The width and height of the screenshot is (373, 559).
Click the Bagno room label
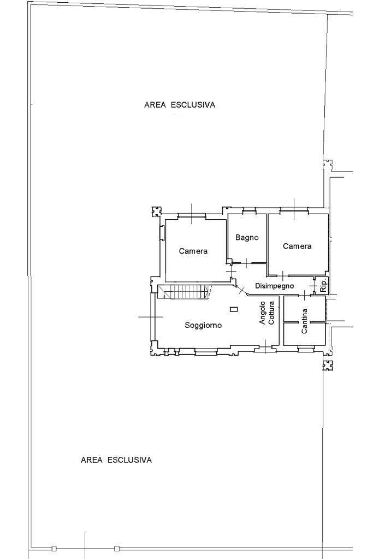coord(247,238)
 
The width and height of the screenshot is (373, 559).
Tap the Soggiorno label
coord(203,326)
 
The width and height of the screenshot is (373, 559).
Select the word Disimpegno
coord(275,286)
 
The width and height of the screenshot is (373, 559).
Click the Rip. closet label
coord(323,285)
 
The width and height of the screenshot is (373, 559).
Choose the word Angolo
coord(263,313)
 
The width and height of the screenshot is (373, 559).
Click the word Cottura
coord(271,313)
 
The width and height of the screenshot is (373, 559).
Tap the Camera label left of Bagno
coord(193,251)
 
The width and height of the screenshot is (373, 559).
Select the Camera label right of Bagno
coord(297,246)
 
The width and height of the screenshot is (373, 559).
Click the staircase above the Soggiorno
coord(183,292)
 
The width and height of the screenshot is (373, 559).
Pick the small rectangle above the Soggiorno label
coord(234,309)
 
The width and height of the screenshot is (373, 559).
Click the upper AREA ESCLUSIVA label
coord(180,105)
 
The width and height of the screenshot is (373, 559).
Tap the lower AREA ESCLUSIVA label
coord(116,460)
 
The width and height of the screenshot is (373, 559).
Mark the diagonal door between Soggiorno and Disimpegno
coord(241,290)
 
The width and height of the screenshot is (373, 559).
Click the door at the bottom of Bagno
coord(246,263)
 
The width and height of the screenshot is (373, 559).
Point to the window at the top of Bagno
coord(250,212)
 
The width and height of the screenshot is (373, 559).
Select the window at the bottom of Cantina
coord(306,347)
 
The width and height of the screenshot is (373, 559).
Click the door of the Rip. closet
coord(313,286)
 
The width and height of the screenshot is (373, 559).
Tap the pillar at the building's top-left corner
coord(156,211)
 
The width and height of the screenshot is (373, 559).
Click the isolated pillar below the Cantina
coord(328,365)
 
